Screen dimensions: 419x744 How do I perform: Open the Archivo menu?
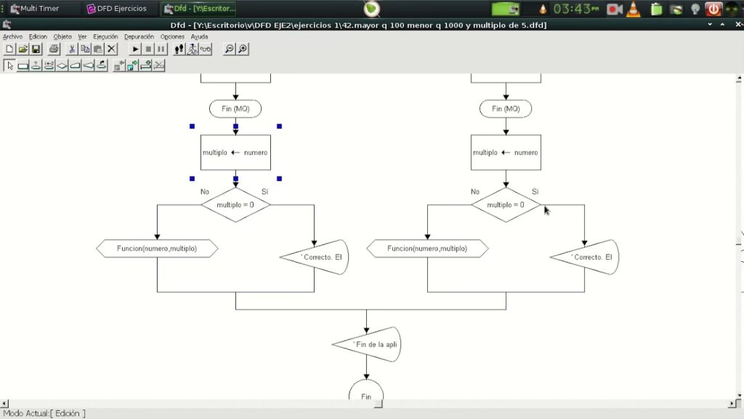[12, 36]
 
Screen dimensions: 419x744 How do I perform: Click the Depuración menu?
[139, 36]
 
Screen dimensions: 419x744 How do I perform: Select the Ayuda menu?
[199, 36]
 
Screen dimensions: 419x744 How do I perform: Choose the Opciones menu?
[172, 36]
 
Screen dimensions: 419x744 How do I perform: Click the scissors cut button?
[73, 49]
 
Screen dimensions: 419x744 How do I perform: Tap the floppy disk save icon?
[36, 49]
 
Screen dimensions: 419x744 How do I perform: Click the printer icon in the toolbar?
[54, 49]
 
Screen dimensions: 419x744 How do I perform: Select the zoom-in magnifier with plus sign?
[243, 49]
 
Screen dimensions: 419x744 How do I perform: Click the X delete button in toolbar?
[111, 49]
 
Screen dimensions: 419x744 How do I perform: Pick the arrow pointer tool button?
[9, 65]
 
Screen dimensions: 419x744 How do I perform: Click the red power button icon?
[713, 9]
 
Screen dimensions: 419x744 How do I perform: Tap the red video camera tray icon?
[615, 9]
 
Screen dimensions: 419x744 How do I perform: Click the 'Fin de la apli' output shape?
[367, 344]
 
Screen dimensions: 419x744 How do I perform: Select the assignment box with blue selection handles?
[235, 153]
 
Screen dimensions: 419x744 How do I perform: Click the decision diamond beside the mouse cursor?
[506, 205]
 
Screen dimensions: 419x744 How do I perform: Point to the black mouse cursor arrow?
[546, 209]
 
